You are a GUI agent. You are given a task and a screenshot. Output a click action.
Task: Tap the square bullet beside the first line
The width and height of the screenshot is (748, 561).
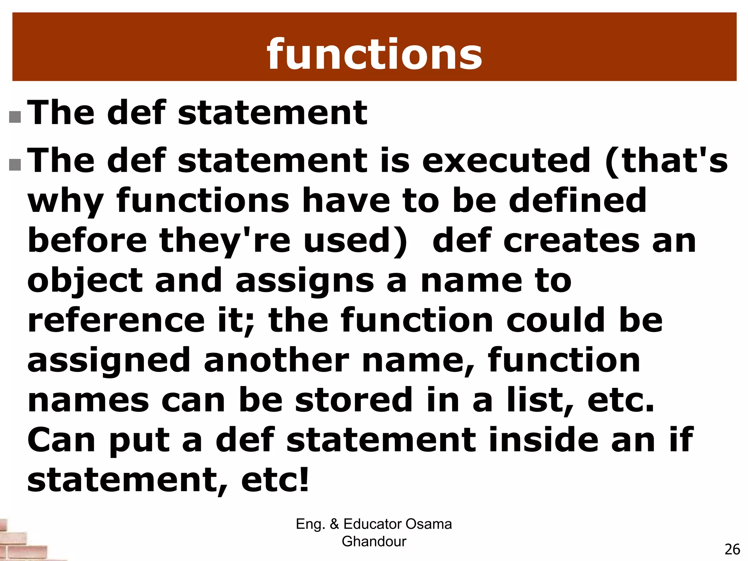pyautogui.click(x=15, y=117)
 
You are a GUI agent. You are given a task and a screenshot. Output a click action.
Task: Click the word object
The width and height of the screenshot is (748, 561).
pyautogui.click(x=85, y=281)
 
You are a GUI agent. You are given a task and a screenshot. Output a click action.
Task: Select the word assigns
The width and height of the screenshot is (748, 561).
pyautogui.click(x=305, y=281)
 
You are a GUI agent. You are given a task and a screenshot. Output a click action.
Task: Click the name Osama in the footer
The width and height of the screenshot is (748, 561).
pyautogui.click(x=428, y=524)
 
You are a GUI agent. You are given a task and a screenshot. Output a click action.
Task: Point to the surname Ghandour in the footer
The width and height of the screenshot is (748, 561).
pyautogui.click(x=374, y=542)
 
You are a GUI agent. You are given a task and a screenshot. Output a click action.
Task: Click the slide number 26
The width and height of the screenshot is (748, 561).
pyautogui.click(x=732, y=549)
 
